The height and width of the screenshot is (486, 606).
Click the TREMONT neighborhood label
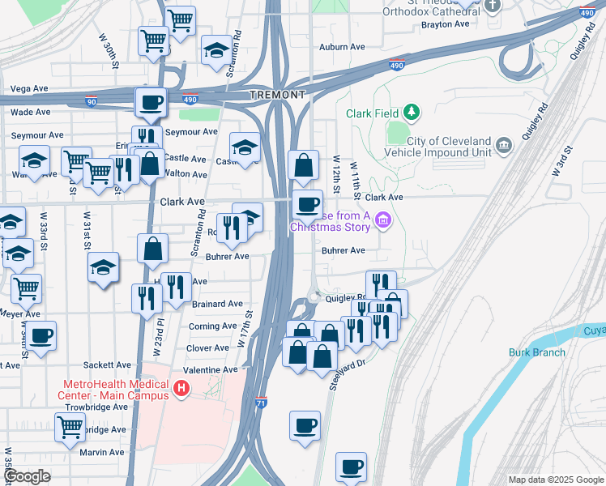point(278,95)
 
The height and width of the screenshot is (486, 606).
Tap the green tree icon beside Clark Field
point(412,111)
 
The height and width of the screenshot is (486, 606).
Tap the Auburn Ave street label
point(338,47)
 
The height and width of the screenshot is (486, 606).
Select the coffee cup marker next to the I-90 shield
point(151,103)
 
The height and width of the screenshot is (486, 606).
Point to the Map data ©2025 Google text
point(556,480)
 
